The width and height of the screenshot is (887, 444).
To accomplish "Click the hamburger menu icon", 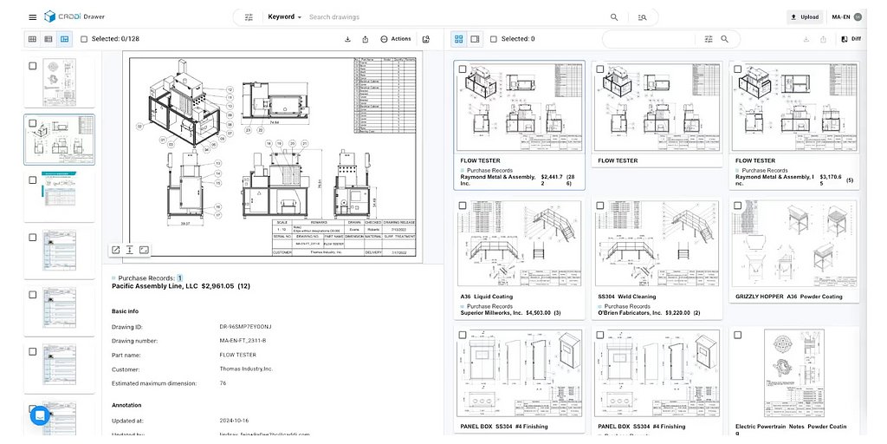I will point(32,16).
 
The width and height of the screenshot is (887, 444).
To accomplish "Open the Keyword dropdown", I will point(285,16).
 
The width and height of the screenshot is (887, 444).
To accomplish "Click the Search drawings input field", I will point(450,16).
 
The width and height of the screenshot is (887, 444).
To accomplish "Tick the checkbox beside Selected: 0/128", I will point(84,39).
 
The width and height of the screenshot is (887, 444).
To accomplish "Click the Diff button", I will point(851,39).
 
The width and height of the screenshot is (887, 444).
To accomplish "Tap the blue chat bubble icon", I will point(40,415).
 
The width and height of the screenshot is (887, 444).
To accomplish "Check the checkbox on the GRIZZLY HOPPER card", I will point(737,206).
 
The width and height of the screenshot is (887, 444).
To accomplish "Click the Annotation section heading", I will point(126,405).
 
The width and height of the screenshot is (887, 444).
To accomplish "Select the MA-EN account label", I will point(841,16).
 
